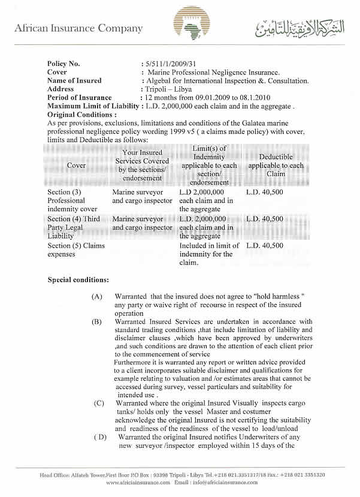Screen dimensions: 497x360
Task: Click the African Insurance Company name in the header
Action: pos(78,28)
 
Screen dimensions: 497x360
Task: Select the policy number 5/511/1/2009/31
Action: pos(167,64)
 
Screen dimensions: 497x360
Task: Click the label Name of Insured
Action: pos(74,80)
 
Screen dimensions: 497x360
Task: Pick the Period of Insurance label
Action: pos(79,97)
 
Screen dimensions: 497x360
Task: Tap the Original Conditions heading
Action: pos(81,114)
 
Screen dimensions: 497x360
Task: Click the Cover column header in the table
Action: pos(76,165)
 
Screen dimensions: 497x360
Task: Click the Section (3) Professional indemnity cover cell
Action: pos(67,200)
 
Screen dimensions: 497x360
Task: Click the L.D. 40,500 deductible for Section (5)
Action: pos(265,246)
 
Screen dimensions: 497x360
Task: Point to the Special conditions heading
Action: pos(78,280)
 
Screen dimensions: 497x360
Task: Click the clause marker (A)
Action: pos(97,297)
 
